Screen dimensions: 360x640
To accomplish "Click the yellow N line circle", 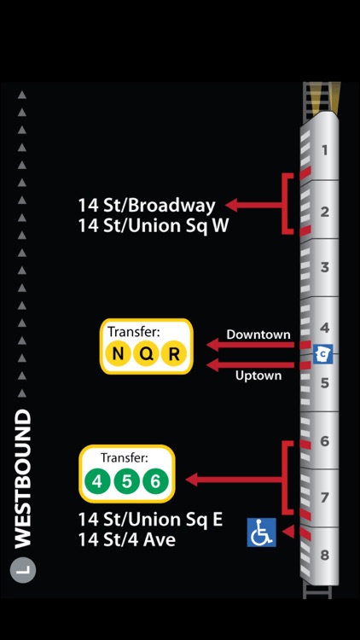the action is (119, 354).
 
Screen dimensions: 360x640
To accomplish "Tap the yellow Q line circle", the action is (146, 354).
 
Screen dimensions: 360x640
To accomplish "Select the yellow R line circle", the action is (173, 354).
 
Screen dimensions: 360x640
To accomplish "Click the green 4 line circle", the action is (97, 481).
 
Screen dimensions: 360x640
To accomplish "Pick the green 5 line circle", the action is (126, 481).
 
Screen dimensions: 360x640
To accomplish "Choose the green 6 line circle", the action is (154, 481).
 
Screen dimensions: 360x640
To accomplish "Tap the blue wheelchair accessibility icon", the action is (262, 532).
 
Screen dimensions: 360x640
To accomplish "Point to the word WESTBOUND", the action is (23, 478).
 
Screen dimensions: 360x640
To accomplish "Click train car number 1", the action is (324, 151).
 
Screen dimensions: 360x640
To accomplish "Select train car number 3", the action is (324, 267).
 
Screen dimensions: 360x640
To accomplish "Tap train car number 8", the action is (324, 556).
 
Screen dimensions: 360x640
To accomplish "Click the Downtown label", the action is (258, 335).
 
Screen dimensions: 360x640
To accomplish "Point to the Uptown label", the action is (258, 375).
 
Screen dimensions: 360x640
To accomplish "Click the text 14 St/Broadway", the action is (147, 205).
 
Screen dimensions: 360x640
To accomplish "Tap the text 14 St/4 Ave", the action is (126, 539).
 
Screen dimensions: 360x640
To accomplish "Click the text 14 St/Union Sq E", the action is (150, 519).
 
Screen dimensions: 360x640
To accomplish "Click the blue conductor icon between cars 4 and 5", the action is (322, 352).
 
